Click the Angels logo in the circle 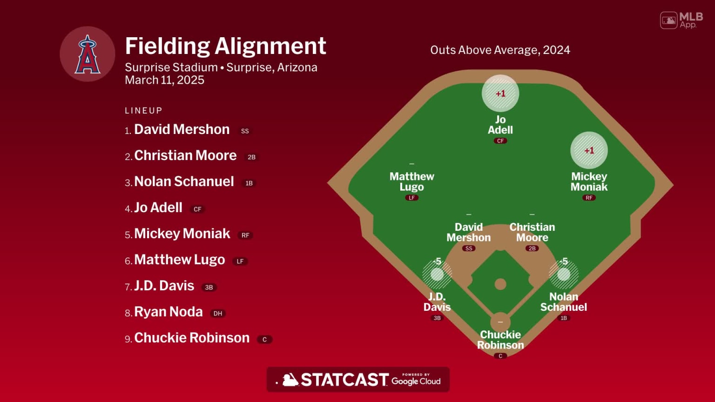pos(88,54)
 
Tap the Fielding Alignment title pos(225,46)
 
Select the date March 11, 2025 pos(164,80)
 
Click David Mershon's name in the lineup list pos(182,129)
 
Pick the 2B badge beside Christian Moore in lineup pos(251,157)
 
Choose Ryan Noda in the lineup pos(168,312)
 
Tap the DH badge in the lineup pos(217,314)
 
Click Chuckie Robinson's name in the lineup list pos(192,338)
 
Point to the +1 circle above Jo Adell pos(500,94)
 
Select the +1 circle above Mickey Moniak pos(589,150)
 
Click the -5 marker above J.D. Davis pos(437,274)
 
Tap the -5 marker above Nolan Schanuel pos(564,274)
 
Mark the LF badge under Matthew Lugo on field pos(411,198)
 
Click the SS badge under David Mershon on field pos(469,248)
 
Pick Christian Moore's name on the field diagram pos(532,232)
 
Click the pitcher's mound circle pos(500,284)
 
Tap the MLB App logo pos(681,20)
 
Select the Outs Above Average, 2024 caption pos(500,50)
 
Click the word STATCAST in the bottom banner pos(344,380)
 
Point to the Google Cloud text pos(416,381)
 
